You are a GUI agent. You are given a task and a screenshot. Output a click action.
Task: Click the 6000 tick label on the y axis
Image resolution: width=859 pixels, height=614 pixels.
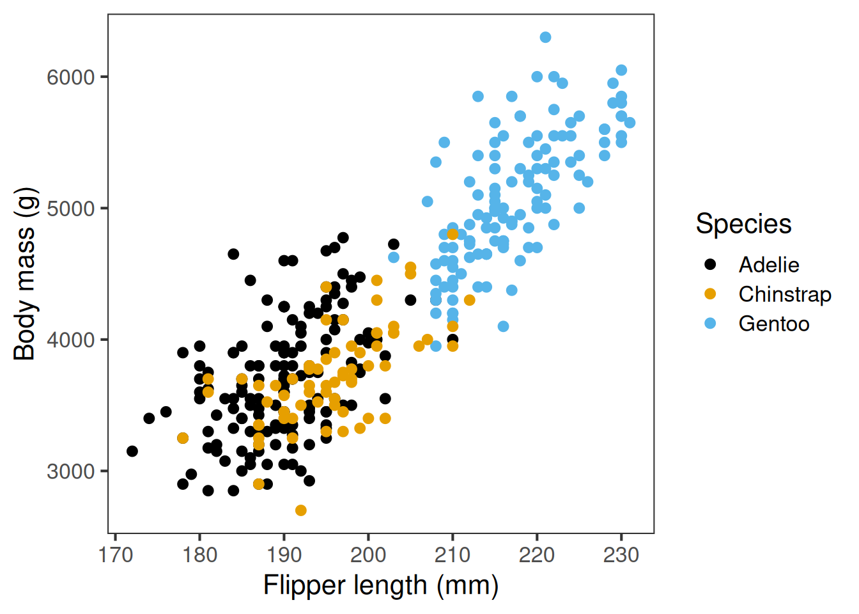click(70, 77)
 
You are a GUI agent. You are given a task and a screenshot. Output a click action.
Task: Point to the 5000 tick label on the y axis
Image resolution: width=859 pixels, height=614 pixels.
click(70, 209)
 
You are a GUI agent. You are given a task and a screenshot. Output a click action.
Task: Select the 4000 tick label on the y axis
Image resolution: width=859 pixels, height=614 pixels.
click(70, 340)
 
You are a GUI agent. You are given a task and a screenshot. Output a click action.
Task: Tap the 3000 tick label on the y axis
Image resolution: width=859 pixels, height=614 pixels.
click(70, 471)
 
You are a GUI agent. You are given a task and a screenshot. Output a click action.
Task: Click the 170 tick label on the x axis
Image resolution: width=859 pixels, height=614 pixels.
click(116, 555)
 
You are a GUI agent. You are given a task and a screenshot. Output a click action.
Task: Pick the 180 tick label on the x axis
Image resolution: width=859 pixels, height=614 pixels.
click(199, 555)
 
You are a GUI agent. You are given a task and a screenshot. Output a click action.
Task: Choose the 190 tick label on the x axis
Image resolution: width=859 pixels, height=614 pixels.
click(284, 555)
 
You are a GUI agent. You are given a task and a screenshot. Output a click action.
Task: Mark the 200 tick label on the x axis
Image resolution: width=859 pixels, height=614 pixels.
click(368, 555)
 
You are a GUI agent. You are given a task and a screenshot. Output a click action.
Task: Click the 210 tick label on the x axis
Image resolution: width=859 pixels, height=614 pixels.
click(453, 555)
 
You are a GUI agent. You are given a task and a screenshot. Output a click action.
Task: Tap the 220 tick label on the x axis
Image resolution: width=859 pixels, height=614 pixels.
click(537, 555)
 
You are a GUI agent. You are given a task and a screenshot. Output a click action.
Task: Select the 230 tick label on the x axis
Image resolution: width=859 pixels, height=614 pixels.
click(621, 555)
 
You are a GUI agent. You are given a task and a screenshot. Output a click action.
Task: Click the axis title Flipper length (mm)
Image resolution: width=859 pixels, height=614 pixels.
click(381, 585)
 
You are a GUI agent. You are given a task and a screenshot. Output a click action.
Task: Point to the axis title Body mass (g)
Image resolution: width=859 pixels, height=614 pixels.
click(25, 274)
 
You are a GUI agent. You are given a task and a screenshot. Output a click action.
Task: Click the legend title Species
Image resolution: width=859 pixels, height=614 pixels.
click(743, 224)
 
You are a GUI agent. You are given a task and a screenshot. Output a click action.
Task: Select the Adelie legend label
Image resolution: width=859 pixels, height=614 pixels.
click(769, 265)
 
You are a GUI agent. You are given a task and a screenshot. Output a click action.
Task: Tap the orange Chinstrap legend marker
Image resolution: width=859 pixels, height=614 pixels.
click(710, 294)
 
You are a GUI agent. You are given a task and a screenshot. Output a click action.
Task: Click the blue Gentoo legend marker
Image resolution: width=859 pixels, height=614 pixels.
click(710, 324)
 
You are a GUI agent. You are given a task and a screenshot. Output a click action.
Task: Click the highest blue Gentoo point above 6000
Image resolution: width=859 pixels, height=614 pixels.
click(545, 37)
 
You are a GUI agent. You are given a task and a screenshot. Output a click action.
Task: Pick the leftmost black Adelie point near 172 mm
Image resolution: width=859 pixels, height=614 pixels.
click(132, 451)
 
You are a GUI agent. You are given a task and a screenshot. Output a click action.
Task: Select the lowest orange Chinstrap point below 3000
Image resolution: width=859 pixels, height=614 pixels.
click(301, 510)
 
